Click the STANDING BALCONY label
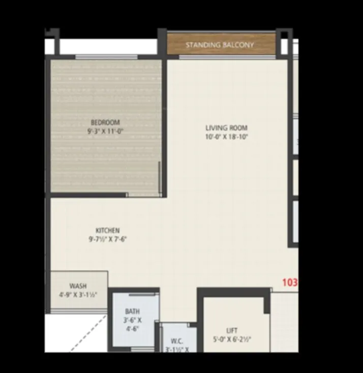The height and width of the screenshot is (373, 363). pyautogui.click(x=220, y=45)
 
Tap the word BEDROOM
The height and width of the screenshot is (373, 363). pyautogui.click(x=105, y=122)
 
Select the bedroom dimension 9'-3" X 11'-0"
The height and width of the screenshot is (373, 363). pyautogui.click(x=105, y=131)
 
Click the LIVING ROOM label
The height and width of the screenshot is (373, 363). pyautogui.click(x=226, y=128)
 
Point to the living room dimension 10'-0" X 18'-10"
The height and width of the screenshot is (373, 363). pyautogui.click(x=226, y=137)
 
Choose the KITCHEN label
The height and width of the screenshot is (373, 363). pyautogui.click(x=107, y=230)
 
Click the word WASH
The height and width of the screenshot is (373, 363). pyautogui.click(x=78, y=286)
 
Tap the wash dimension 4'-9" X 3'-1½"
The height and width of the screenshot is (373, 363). pyautogui.click(x=78, y=295)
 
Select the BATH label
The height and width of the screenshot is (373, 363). pyautogui.click(x=133, y=311)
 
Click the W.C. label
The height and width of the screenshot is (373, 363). pyautogui.click(x=177, y=341)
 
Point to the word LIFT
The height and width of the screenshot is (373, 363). pyautogui.click(x=232, y=331)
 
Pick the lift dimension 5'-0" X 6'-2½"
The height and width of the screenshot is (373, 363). pyautogui.click(x=232, y=339)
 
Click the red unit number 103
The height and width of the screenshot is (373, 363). pyautogui.click(x=290, y=282)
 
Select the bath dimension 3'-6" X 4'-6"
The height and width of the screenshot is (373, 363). pyautogui.click(x=133, y=325)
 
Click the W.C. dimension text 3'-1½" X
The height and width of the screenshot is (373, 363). pyautogui.click(x=177, y=350)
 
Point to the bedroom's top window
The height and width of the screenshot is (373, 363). pyautogui.click(x=107, y=56)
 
